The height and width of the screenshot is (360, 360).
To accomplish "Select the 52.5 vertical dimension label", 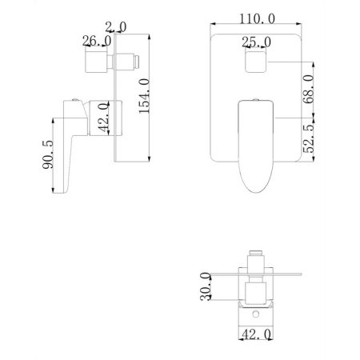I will coord(307,136).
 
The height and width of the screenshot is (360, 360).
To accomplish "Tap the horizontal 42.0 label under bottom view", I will coord(255,338).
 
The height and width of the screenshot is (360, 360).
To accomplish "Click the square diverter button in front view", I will coord(255,62).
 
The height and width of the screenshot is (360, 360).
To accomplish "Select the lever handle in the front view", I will coord(256,144).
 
